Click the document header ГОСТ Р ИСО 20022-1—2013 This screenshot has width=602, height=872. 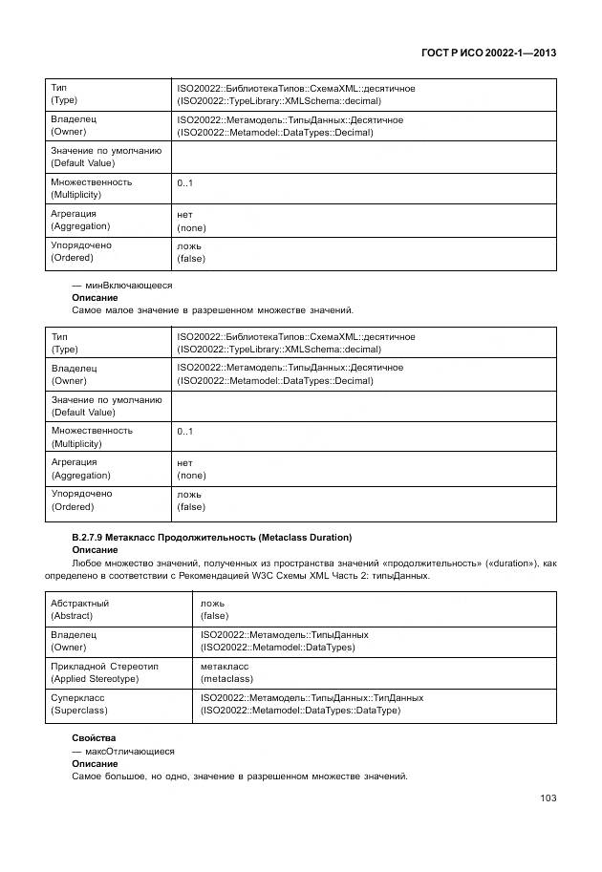tap(488, 53)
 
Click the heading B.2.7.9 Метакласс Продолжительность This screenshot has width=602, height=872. tap(211, 538)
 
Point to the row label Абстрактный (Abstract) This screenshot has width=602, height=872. tap(80, 609)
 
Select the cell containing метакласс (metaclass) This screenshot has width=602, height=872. tap(226, 671)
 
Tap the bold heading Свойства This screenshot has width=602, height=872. tap(94, 738)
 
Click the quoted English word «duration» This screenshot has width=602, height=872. tap(504, 564)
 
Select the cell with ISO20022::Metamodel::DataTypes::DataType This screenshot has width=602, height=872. tap(300, 710)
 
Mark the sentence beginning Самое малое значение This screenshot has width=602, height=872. tap(212, 310)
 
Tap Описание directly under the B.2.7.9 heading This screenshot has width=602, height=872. tap(95, 550)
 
